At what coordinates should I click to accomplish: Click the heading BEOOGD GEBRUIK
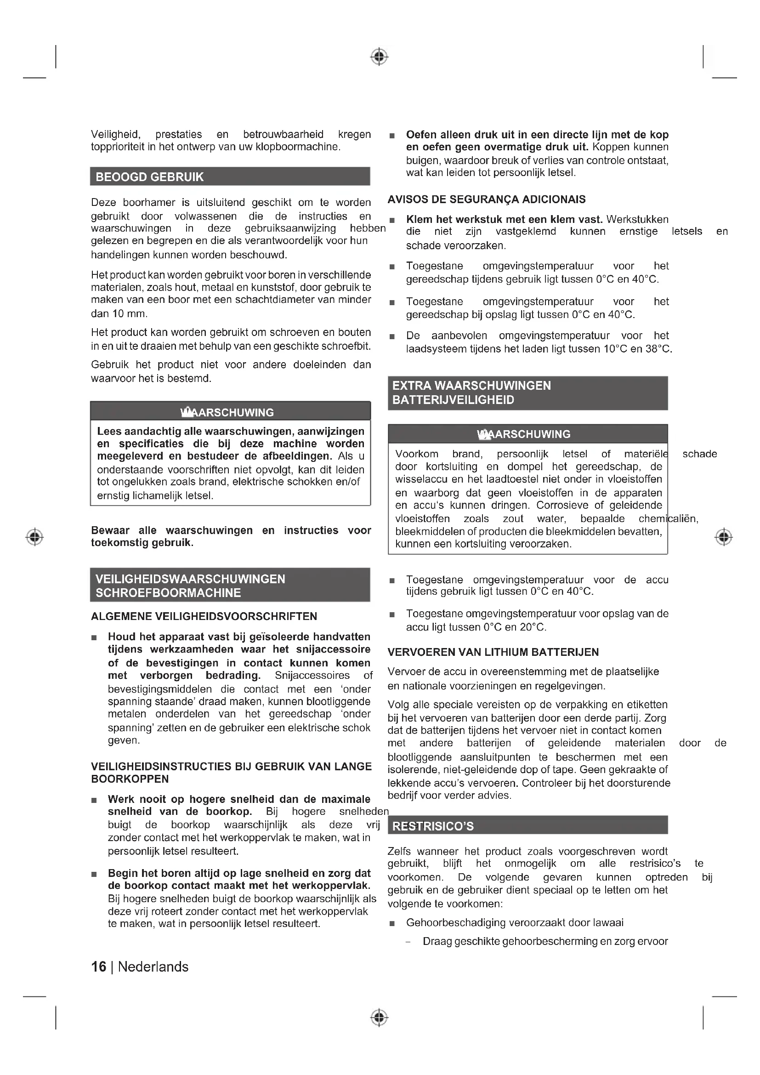click(149, 177)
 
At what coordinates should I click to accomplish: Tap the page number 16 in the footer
click(98, 967)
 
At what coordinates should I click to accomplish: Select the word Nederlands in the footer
click(153, 967)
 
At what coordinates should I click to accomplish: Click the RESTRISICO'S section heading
click(433, 826)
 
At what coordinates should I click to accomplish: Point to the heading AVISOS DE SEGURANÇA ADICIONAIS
click(486, 199)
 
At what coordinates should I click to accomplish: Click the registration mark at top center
click(379, 57)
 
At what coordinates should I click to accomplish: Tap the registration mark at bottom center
click(379, 1018)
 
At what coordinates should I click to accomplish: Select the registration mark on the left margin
click(34, 536)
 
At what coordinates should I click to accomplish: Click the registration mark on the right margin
click(724, 536)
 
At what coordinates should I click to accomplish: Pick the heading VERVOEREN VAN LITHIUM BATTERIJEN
click(493, 652)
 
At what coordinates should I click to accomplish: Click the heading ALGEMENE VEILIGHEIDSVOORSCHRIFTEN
click(204, 616)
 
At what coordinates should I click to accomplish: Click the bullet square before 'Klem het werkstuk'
click(392, 220)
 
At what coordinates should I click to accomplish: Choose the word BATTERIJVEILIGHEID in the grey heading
click(453, 400)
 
